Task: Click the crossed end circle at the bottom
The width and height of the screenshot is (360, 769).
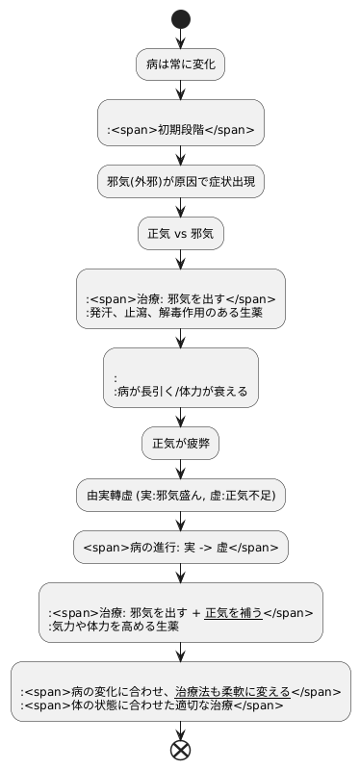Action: (181, 750)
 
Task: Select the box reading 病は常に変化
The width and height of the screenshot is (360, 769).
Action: (181, 65)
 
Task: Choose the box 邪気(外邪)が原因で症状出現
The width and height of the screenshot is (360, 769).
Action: (181, 181)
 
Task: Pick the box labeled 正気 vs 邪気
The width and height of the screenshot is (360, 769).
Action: (181, 233)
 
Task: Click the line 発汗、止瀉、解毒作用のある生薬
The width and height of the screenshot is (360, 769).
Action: (173, 313)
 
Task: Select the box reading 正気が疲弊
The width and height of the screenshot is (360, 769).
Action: (181, 445)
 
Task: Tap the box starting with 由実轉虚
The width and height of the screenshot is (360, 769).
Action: (181, 496)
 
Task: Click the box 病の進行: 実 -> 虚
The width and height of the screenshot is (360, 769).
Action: (181, 548)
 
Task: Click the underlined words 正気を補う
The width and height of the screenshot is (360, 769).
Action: (233, 611)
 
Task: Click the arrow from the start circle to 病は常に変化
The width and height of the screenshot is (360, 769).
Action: (181, 38)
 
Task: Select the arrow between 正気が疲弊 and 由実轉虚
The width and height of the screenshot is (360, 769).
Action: (181, 470)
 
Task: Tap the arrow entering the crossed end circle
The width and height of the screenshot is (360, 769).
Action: (181, 730)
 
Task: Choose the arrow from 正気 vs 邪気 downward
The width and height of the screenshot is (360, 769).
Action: (181, 259)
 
